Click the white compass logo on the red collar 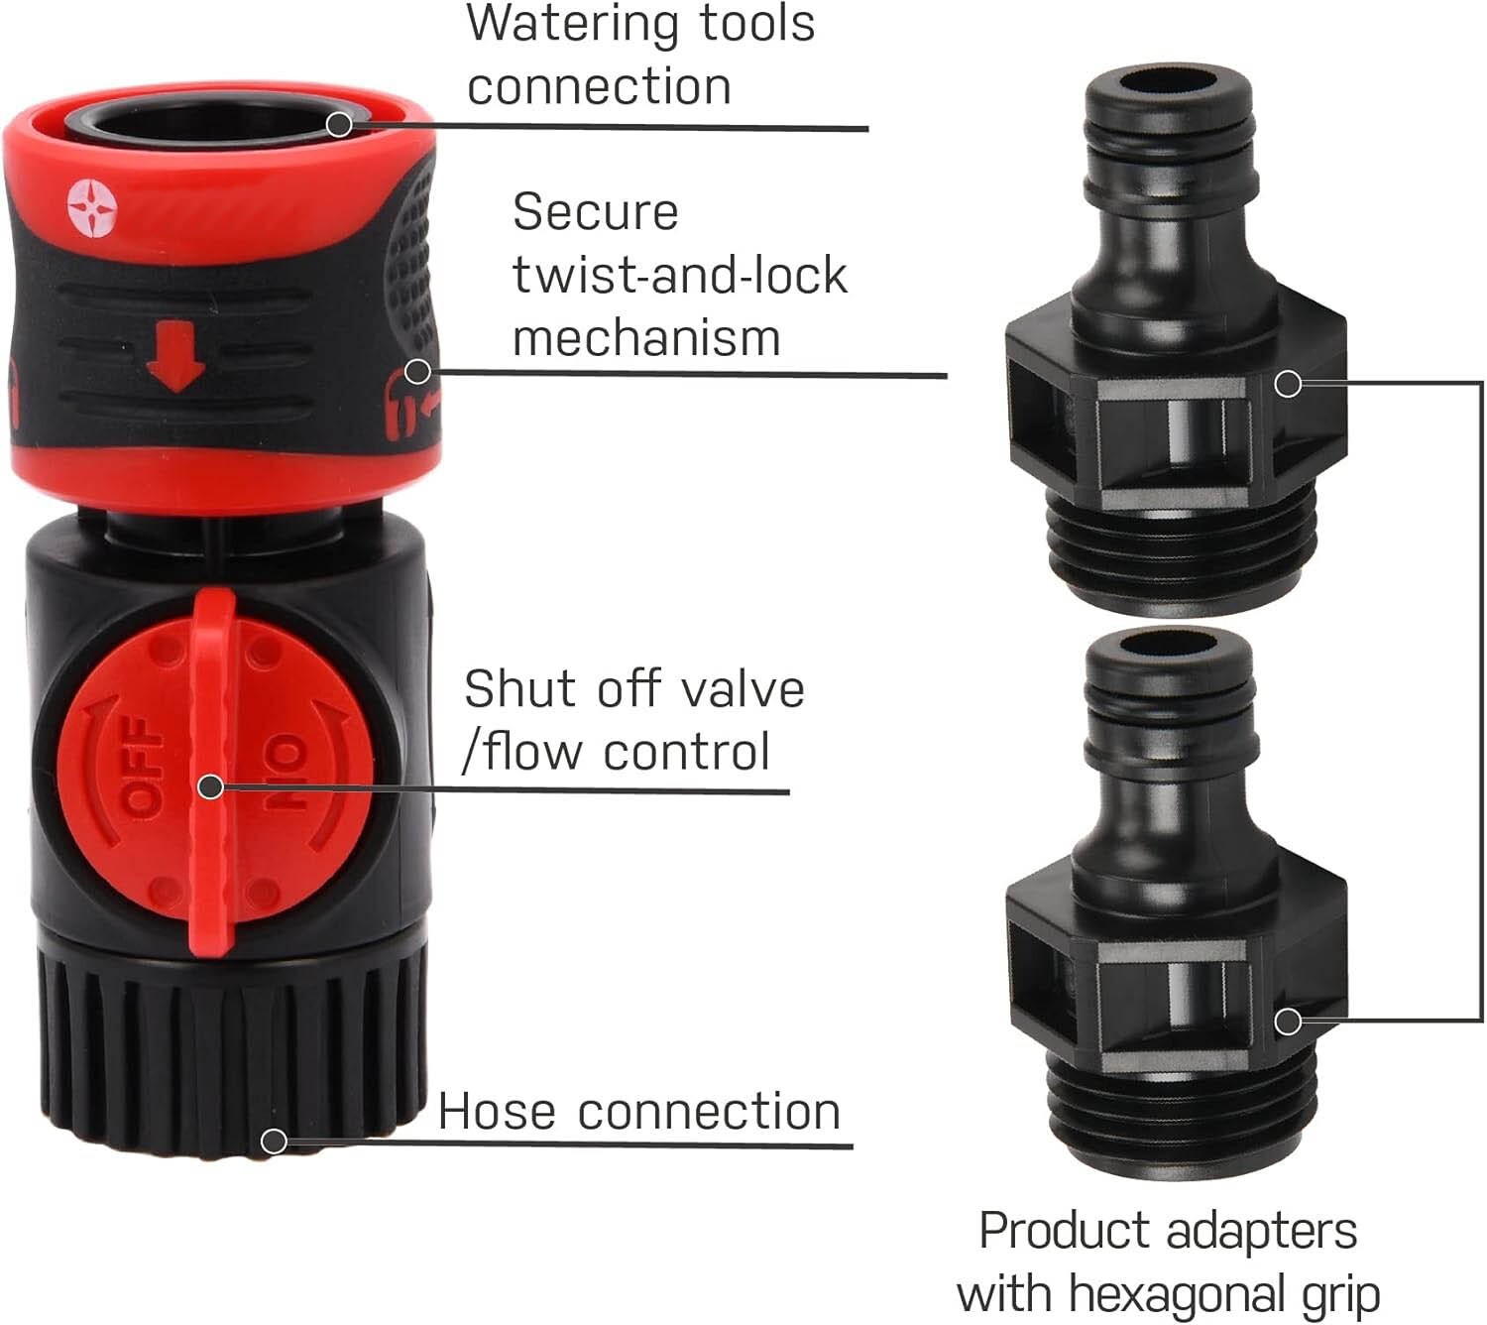pyautogui.click(x=92, y=208)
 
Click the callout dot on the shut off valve pyautogui.click(x=211, y=787)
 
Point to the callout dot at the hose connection pyautogui.click(x=274, y=1141)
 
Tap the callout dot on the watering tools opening pyautogui.click(x=338, y=125)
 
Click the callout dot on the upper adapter pyautogui.click(x=1288, y=384)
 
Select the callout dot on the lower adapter pyautogui.click(x=1288, y=1022)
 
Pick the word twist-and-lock pyautogui.click(x=680, y=276)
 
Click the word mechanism pyautogui.click(x=646, y=338)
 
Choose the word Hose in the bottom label pyautogui.click(x=497, y=1111)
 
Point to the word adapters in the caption pyautogui.click(x=1261, y=1230)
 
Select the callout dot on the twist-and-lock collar pyautogui.click(x=417, y=372)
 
